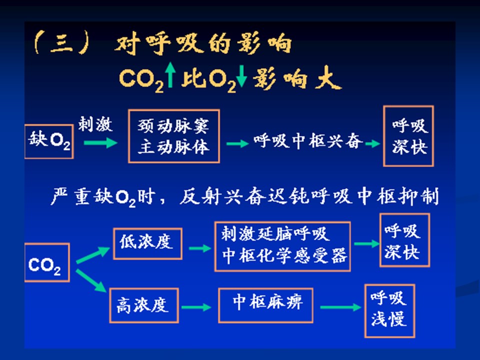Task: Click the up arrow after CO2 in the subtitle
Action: tap(171, 79)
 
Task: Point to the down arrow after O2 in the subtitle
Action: tap(242, 79)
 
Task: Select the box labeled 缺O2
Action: tap(48, 142)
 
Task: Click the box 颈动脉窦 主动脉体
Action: tap(173, 136)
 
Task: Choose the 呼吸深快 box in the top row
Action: tap(408, 136)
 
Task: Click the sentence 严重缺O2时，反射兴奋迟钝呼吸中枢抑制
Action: tap(245, 196)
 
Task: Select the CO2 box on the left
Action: tap(47, 262)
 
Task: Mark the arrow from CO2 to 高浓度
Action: tap(91, 280)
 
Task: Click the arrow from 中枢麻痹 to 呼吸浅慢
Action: tap(340, 307)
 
